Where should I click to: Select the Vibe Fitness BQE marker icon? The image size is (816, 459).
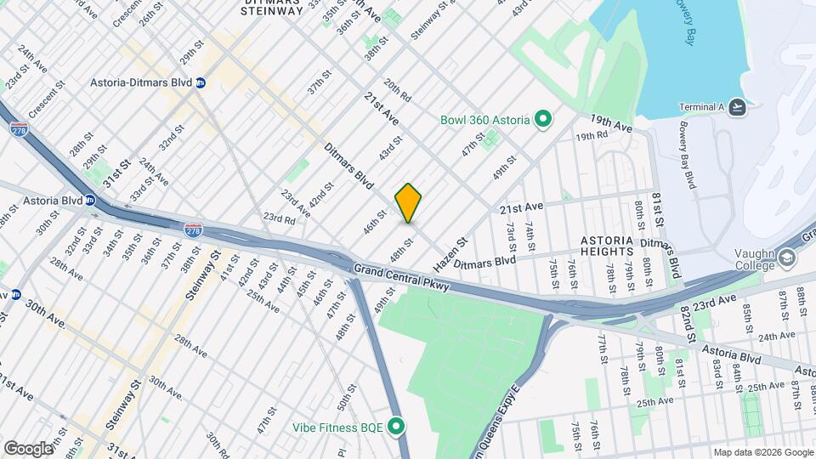396,426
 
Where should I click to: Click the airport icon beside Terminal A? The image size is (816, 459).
738,107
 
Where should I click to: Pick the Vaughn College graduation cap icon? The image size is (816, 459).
788,257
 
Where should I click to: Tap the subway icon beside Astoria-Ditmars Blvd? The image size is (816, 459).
201,83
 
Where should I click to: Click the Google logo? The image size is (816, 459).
28,448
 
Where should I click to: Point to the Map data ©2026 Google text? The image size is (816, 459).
762,452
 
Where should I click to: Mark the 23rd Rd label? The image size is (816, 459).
278,218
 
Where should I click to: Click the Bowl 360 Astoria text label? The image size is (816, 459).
484,120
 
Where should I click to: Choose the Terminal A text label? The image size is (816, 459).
702,107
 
